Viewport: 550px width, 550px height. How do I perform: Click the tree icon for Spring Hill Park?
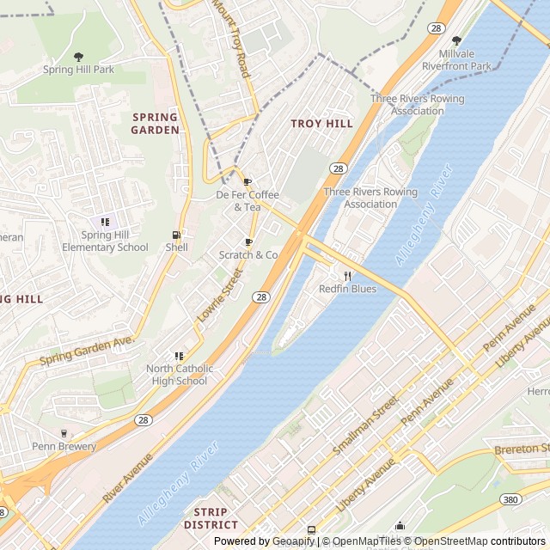click(79, 57)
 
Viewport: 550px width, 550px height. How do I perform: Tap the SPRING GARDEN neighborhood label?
click(156, 123)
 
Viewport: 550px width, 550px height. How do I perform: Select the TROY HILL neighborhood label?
click(321, 124)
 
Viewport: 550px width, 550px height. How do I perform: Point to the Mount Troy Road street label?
click(230, 38)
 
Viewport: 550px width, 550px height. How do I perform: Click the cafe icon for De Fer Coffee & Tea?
click(247, 182)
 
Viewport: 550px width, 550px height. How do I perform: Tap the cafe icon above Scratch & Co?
click(248, 242)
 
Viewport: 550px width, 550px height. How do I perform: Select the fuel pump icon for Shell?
click(176, 235)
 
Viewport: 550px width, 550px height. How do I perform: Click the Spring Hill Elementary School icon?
click(105, 222)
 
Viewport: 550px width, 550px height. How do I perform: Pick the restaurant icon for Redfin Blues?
click(348, 276)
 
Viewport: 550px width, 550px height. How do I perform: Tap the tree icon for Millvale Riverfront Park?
click(456, 40)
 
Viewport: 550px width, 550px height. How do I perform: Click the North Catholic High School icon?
click(178, 356)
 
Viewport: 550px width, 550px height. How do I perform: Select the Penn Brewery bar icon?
click(64, 433)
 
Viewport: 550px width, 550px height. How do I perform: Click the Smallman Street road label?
click(365, 425)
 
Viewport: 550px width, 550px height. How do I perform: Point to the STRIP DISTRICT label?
click(211, 518)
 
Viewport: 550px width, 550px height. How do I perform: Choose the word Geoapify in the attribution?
click(292, 541)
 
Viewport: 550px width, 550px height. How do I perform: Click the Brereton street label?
click(521, 449)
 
